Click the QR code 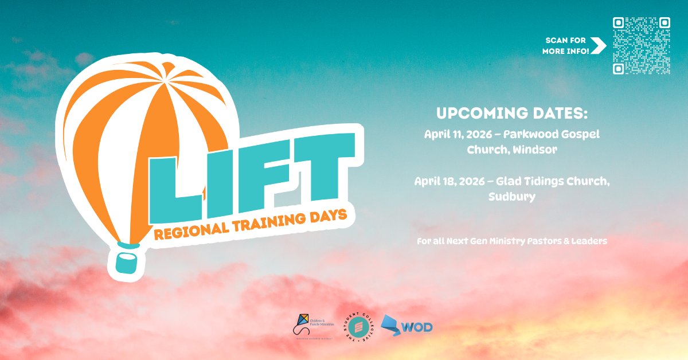pyautogui.click(x=641, y=46)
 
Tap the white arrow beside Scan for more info pyautogui.click(x=598, y=46)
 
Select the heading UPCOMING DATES pyautogui.click(x=512, y=112)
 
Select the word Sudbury pyautogui.click(x=512, y=197)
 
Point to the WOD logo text pyautogui.click(x=417, y=327)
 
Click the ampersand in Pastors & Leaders pyautogui.click(x=565, y=241)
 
